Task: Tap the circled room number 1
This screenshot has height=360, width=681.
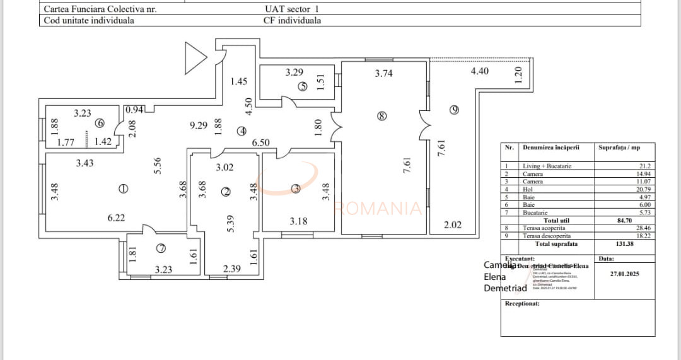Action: tap(123, 188)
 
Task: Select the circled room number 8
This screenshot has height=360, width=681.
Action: tap(380, 116)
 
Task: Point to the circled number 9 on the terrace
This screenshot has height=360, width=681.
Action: tap(454, 110)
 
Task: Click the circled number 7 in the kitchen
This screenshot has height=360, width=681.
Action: tap(160, 248)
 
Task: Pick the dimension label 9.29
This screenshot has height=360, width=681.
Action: tap(199, 125)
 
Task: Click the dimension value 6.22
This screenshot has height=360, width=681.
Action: tap(115, 218)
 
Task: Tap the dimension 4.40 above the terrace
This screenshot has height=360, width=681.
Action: tap(479, 71)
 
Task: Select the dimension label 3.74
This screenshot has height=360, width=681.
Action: tap(383, 73)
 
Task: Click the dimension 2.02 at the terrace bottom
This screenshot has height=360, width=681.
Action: tap(452, 224)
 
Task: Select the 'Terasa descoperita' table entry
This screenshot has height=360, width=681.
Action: tap(547, 236)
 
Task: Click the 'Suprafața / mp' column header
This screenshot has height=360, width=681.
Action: tap(619, 148)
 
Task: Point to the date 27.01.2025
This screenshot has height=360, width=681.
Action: tap(625, 274)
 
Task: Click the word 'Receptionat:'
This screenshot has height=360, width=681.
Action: tap(522, 304)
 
